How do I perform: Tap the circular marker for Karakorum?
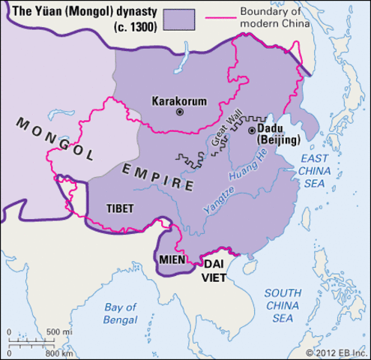tap(179, 112)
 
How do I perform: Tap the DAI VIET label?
tap(215, 269)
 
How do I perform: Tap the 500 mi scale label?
tap(58, 331)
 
